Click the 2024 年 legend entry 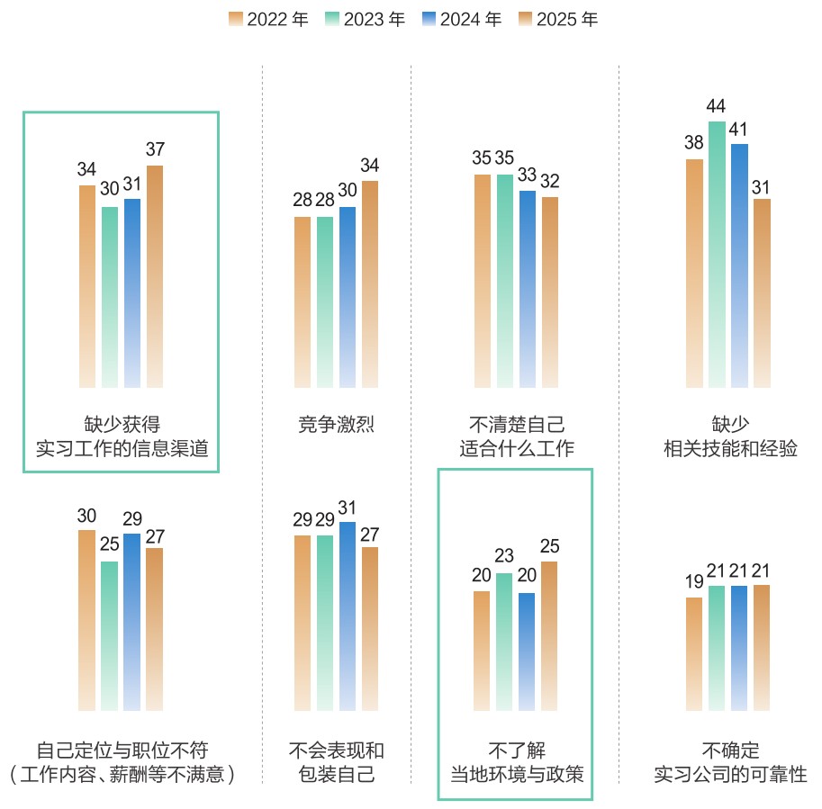[x=461, y=19]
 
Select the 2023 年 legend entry [x=365, y=19]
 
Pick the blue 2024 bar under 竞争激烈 [x=348, y=297]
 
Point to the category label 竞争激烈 [x=336, y=425]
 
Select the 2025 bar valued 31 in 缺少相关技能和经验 [x=762, y=292]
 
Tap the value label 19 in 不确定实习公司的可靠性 [x=693, y=582]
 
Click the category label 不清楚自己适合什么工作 [x=516, y=436]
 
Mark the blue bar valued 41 [x=739, y=265]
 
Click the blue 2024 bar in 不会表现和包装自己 [x=348, y=616]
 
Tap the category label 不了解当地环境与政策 [x=516, y=761]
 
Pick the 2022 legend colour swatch [x=236, y=19]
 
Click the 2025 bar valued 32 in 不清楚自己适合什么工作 [x=550, y=292]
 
